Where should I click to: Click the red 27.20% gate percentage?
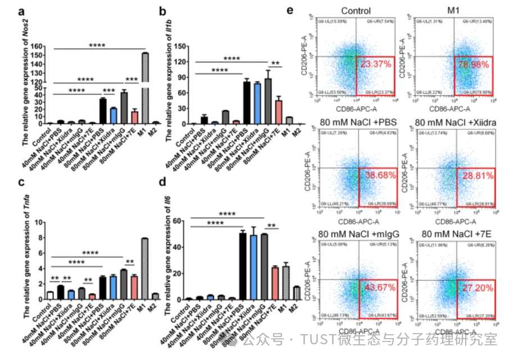pyautogui.click(x=474, y=288)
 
